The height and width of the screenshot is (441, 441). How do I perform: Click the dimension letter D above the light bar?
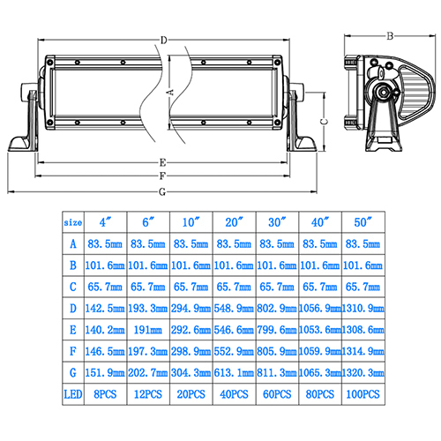click(164, 40)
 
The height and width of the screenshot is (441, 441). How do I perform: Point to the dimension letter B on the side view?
click(390, 36)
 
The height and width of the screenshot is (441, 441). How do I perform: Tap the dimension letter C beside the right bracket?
click(324, 122)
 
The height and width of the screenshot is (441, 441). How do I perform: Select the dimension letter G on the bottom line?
click(162, 192)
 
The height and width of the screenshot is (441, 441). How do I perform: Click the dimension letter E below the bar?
click(162, 162)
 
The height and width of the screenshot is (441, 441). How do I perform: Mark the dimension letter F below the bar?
click(162, 176)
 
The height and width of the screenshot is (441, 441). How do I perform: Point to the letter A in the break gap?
click(170, 93)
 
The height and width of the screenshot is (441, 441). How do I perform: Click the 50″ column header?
click(363, 222)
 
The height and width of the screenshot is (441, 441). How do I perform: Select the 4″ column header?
click(105, 222)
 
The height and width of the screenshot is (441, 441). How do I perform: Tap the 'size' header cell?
click(73, 222)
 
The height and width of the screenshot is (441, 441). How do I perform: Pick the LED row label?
click(73, 394)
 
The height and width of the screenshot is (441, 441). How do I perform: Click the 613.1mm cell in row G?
click(234, 373)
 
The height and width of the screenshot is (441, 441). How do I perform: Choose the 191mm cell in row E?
click(148, 330)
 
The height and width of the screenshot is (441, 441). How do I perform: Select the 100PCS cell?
click(363, 394)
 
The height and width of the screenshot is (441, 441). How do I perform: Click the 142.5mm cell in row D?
click(105, 309)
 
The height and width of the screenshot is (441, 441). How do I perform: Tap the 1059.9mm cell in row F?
click(320, 351)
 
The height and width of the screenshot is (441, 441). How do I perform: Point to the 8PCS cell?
click(105, 394)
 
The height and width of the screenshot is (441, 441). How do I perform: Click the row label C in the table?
click(73, 287)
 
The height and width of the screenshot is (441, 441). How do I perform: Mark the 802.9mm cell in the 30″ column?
click(277, 309)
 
